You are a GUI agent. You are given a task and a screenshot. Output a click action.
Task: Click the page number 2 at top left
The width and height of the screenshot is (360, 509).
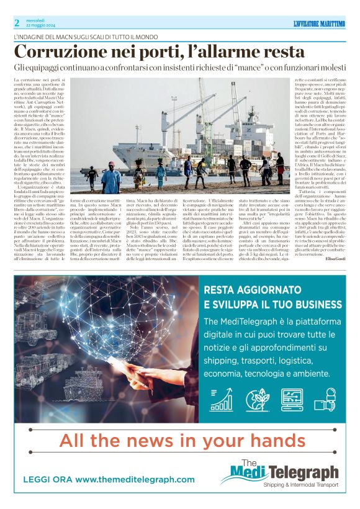(x=17, y=23)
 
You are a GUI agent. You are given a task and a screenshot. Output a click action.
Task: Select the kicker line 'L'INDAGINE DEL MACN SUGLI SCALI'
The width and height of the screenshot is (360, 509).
(x=74, y=37)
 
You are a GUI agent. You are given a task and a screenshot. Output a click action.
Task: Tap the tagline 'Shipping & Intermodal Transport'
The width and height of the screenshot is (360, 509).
(x=300, y=484)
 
